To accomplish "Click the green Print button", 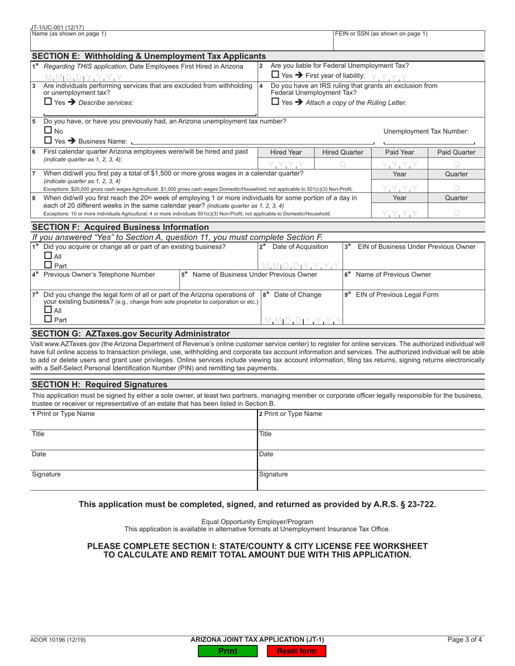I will coord(227,651).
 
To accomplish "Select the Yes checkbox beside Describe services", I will coord(48,102).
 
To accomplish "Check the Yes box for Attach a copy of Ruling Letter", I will coord(275,102).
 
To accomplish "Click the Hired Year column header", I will coord(286,153).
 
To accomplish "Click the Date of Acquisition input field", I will coord(301,265).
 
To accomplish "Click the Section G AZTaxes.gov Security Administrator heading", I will coord(131,334).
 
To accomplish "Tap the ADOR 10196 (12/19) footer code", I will coord(58,639).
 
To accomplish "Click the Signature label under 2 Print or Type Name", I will coord(273,474).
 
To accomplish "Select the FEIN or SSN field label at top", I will coord(381,34).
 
